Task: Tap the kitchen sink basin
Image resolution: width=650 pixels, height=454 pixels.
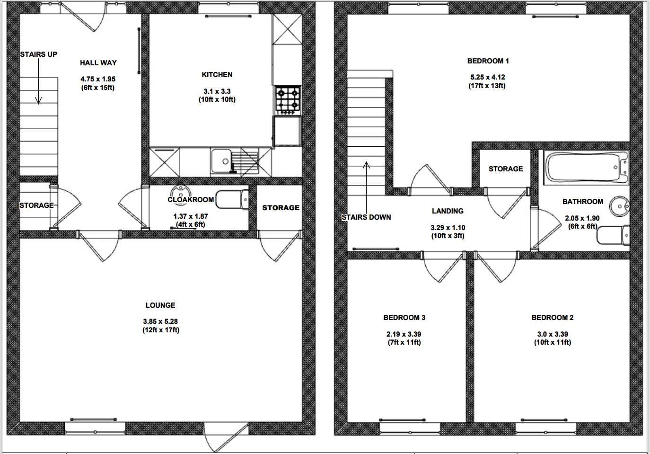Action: tap(221, 161)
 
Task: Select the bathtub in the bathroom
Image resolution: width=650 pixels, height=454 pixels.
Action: tap(586, 168)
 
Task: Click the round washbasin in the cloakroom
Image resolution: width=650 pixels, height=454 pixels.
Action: tap(181, 192)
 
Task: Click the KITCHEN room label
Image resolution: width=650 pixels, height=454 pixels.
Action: tap(217, 75)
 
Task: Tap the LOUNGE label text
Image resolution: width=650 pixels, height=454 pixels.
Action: tap(160, 305)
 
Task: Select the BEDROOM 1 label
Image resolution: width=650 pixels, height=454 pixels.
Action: tap(488, 61)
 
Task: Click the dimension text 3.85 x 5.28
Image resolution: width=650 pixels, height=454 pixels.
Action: tap(160, 321)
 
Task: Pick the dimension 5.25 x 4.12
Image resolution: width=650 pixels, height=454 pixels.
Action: tap(487, 77)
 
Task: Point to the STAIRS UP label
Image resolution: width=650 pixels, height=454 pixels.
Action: tap(39, 54)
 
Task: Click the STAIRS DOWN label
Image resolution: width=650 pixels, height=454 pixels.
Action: tap(366, 217)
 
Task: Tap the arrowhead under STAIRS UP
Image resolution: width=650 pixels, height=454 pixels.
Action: tap(38, 100)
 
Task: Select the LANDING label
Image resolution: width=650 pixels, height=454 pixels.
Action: tap(448, 211)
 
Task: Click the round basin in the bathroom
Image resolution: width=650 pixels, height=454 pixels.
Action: tap(619, 206)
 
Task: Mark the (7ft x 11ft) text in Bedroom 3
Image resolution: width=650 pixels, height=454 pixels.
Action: tap(404, 342)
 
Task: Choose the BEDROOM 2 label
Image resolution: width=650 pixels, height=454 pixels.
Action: tap(553, 318)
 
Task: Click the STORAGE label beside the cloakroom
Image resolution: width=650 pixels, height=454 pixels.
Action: tap(281, 208)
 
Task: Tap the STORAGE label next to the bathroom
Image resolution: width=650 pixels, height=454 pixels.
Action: tap(506, 169)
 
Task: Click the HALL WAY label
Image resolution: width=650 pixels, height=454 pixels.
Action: tap(98, 63)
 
